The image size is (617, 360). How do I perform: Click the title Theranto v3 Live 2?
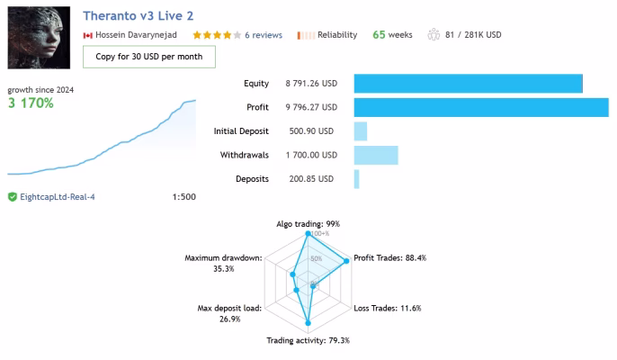click(139, 16)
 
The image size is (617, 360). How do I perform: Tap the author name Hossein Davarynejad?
click(136, 35)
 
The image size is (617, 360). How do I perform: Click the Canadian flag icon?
click(88, 35)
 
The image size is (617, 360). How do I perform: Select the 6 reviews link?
click(264, 35)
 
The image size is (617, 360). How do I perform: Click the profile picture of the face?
click(39, 38)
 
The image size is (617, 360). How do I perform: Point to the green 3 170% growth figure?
click(31, 103)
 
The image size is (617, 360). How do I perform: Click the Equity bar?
click(469, 84)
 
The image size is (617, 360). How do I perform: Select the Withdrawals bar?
click(376, 155)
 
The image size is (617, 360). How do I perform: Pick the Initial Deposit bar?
click(361, 131)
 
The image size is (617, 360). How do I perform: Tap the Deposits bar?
click(356, 179)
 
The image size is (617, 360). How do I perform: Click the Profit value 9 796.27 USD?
click(311, 107)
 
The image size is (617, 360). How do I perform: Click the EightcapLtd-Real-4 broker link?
click(58, 197)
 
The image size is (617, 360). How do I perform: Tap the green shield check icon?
click(13, 196)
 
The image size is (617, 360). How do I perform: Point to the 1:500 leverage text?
click(183, 197)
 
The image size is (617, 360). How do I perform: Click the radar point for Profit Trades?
click(346, 261)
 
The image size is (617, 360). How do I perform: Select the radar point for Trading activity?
click(308, 323)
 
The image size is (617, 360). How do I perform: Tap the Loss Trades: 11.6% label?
click(387, 308)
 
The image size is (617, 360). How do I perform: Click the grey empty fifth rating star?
click(237, 35)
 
